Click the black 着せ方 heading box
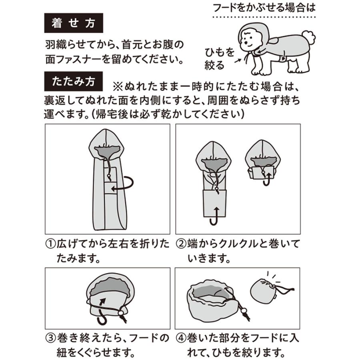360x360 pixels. point(73,23)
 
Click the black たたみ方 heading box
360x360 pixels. point(73,81)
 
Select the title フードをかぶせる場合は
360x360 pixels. point(264,8)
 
